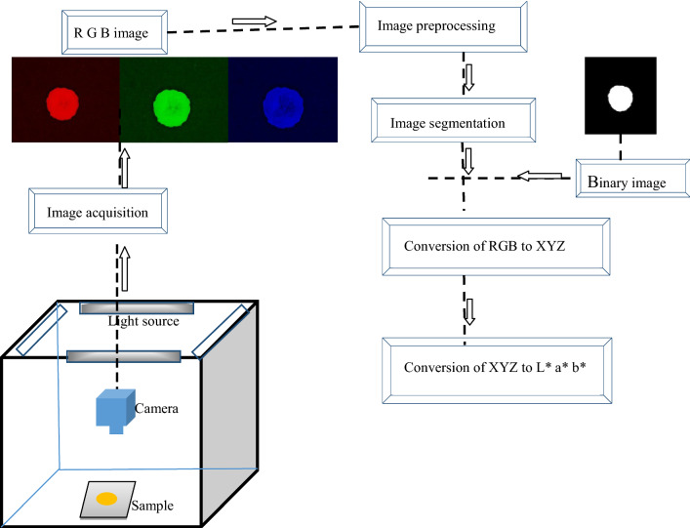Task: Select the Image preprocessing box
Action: (x=444, y=25)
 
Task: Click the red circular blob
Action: (x=62, y=101)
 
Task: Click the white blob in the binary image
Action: (x=619, y=99)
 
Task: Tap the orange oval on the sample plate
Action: (x=105, y=500)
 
